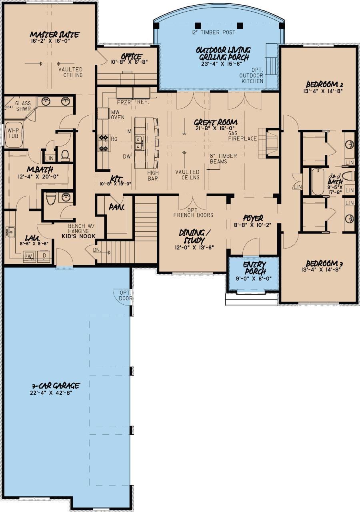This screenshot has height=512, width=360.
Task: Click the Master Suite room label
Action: [54, 34]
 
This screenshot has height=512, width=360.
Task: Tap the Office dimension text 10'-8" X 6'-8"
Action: [129, 62]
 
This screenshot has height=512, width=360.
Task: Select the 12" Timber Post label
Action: [213, 32]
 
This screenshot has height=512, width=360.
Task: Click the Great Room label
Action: [216, 122]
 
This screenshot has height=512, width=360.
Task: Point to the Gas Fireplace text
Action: [242, 136]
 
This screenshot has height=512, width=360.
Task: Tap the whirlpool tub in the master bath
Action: [14, 135]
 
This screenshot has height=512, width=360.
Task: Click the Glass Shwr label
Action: [23, 106]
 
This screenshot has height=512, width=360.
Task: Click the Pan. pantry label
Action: [116, 207]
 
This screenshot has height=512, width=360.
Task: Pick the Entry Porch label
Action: [254, 268]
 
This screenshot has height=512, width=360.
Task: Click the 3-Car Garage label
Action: [56, 386]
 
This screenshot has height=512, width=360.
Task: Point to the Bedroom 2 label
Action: [324, 84]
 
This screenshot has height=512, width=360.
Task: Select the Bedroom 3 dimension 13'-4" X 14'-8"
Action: [321, 269]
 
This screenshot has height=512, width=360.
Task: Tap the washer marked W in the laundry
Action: [29, 256]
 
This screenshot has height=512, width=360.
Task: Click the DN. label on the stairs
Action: [97, 250]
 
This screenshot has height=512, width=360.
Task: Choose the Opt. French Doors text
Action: [193, 213]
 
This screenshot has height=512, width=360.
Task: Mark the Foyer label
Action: [253, 218]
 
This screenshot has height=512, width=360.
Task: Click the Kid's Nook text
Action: [78, 236]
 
